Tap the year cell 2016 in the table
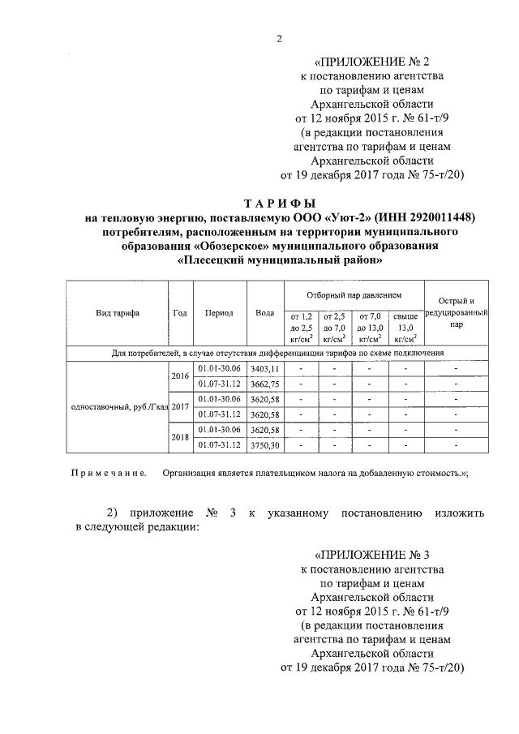[x=180, y=376]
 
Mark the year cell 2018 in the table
[x=180, y=437]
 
